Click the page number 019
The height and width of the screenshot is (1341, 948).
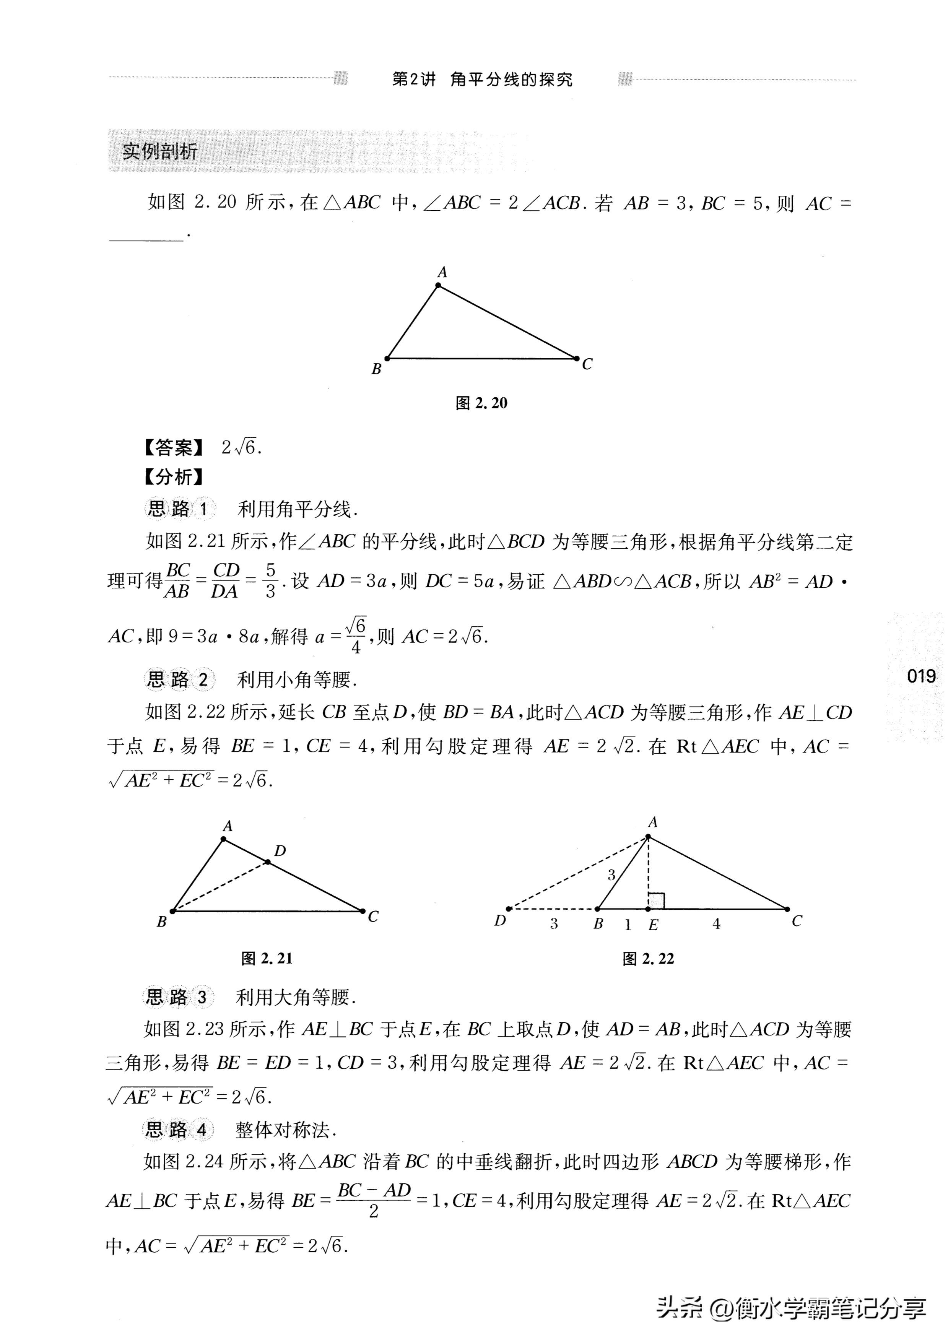click(921, 676)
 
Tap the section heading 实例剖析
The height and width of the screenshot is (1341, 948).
click(159, 152)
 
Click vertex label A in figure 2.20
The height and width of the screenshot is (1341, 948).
click(442, 272)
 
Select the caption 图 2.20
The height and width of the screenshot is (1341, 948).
click(481, 403)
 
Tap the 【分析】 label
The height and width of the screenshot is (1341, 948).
click(174, 477)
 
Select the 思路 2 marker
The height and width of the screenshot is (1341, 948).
click(178, 679)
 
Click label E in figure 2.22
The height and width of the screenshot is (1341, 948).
click(653, 925)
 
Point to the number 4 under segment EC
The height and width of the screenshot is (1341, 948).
click(716, 924)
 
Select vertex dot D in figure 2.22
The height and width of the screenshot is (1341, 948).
click(509, 909)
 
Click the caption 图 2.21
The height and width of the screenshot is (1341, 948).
click(267, 959)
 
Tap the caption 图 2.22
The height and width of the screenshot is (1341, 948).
click(648, 959)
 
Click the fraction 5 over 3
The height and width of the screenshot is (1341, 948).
click(270, 580)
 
